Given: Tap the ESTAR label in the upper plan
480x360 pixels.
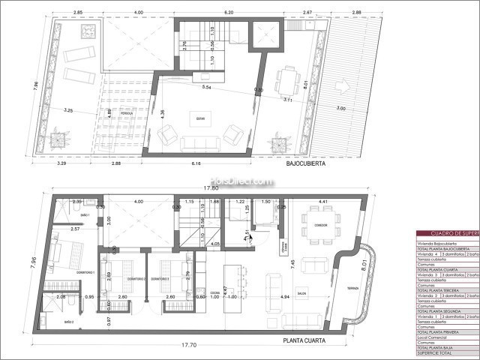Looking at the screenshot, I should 200,117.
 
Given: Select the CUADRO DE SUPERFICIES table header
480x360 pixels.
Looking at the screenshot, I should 447,233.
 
